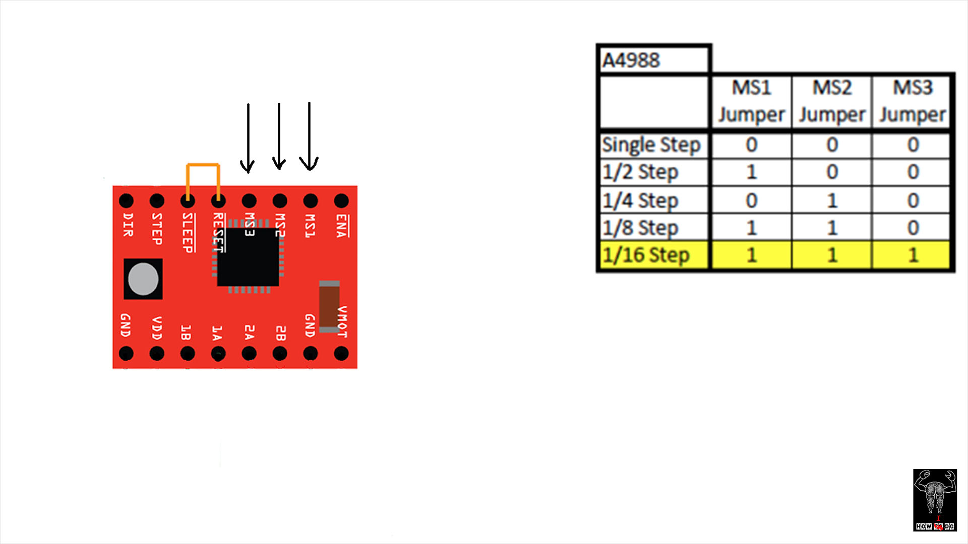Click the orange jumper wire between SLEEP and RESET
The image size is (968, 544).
point(203,165)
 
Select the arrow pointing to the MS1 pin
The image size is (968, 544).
point(309,136)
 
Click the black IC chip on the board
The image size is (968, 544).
point(248,257)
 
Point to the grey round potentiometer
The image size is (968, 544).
point(143,279)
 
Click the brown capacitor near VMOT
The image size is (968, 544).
point(329,306)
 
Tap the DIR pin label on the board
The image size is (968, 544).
point(128,225)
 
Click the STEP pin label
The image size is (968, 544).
point(157,229)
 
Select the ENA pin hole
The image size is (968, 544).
point(341,201)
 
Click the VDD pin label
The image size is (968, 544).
point(157,328)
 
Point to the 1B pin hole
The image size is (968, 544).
point(188,354)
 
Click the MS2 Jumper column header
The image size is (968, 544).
point(832,101)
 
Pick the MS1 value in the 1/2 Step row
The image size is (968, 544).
point(751,172)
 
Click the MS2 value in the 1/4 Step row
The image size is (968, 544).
point(832,200)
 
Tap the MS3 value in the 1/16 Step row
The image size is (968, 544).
point(913,255)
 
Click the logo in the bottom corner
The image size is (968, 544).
point(935,500)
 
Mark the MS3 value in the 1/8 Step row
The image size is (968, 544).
point(913,228)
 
